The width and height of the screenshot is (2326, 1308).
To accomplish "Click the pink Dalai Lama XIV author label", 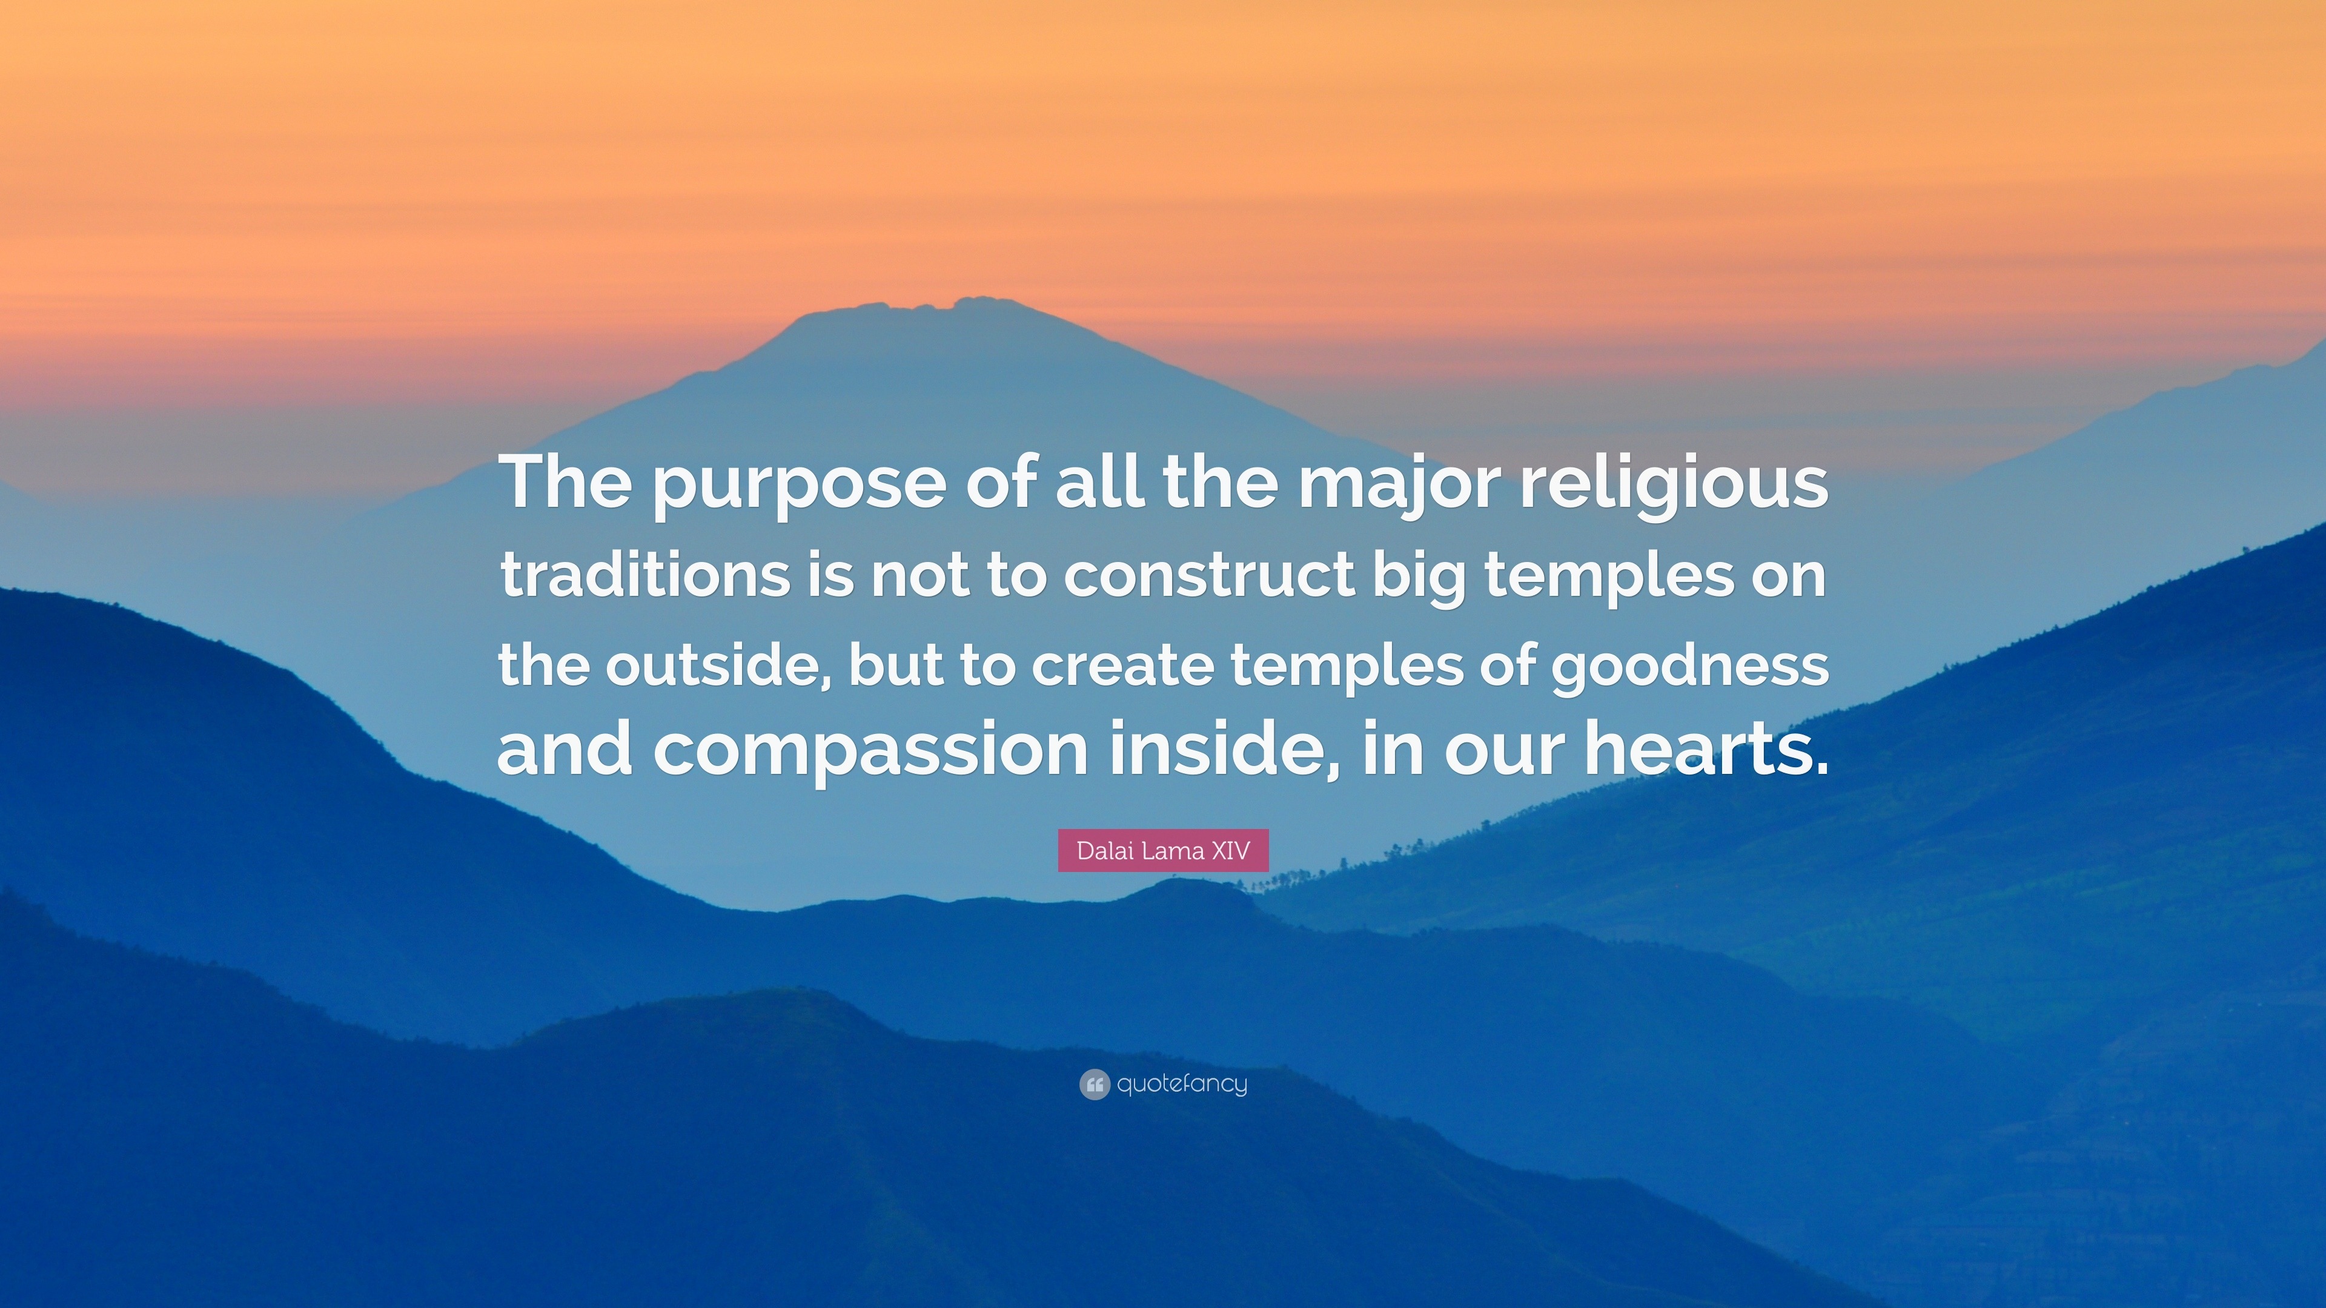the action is click(1163, 850).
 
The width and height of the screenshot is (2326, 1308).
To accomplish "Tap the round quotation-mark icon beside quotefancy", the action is click(1093, 1084).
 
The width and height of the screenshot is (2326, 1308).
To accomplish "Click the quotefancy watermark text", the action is click(1182, 1084).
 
